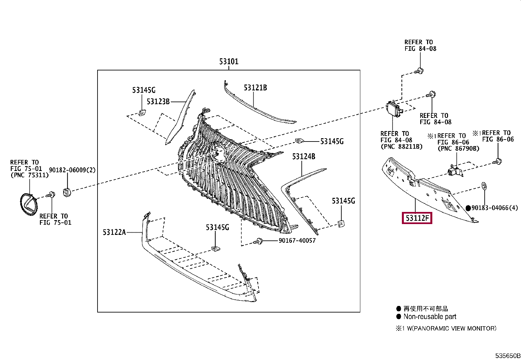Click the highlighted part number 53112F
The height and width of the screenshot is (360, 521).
coord(417,218)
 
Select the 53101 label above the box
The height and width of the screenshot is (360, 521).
coord(229,62)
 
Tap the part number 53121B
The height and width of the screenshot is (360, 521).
coord(255,88)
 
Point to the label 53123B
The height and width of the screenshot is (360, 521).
coord(158,102)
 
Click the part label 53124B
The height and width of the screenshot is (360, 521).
coord(304,157)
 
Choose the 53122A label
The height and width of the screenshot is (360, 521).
coord(114,232)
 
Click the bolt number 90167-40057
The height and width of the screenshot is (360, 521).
coord(297,240)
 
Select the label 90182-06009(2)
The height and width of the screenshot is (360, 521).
coord(72,170)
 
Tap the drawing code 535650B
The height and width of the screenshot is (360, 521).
coord(508,356)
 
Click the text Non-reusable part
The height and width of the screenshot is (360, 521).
coord(429,316)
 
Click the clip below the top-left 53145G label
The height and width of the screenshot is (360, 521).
coord(142,112)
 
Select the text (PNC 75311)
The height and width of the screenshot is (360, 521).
coord(29,175)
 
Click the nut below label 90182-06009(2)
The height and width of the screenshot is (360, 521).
coord(67,193)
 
